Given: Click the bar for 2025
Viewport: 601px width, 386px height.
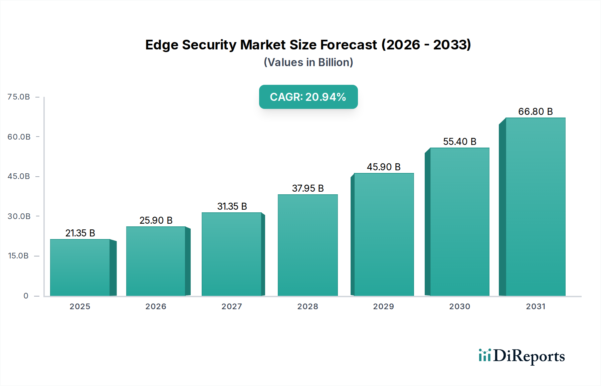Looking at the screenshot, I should (80, 267).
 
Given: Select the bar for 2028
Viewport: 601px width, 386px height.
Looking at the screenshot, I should (308, 245).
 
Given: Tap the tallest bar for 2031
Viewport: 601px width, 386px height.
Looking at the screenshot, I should (535, 207).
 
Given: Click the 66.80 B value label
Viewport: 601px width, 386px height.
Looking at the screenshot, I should (535, 112).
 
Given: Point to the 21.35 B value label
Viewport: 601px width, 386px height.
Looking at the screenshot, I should (80, 233).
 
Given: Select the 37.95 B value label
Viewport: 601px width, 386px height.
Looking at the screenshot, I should (308, 188).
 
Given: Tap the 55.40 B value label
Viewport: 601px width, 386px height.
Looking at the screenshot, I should (459, 142).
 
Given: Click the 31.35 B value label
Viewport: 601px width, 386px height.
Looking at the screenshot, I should (232, 206).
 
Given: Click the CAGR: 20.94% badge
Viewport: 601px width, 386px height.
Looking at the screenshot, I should (308, 97).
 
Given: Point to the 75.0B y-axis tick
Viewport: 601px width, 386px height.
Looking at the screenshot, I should (19, 97).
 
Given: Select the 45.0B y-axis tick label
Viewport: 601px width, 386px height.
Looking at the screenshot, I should (19, 176).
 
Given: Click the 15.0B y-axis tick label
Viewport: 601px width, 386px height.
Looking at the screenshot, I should (18, 256).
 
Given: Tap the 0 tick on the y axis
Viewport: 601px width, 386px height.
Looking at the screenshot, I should (26, 296).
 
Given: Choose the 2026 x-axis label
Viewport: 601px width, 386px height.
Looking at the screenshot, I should (156, 307).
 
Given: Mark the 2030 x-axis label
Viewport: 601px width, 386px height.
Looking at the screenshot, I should (459, 307).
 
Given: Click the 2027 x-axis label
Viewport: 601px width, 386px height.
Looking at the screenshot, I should (232, 307).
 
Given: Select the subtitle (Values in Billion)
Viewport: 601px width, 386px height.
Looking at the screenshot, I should (308, 62).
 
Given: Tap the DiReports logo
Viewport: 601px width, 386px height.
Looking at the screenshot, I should (522, 356).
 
